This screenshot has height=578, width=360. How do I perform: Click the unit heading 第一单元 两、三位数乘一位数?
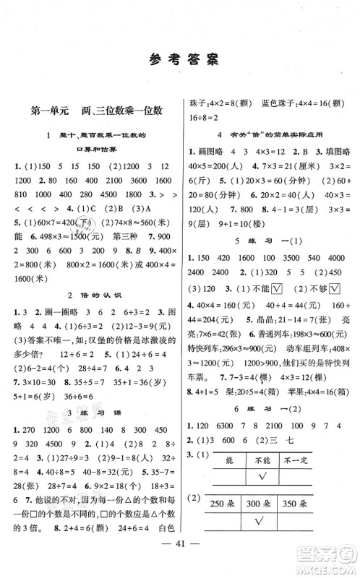coord(97,111)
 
